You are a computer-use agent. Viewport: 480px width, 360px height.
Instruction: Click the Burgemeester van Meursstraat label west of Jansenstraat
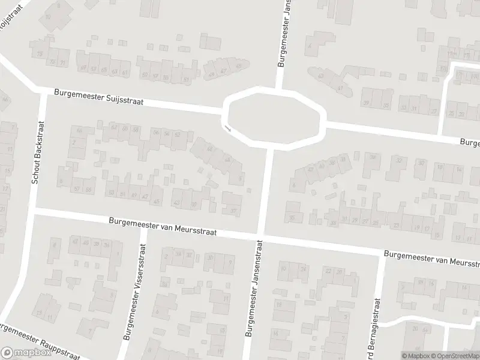[x=162, y=227]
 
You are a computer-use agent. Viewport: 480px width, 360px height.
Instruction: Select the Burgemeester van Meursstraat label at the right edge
[x=432, y=258]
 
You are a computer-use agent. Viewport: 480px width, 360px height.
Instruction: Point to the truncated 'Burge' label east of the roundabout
[x=470, y=143]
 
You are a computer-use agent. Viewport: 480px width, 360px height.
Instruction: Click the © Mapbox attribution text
[x=415, y=356]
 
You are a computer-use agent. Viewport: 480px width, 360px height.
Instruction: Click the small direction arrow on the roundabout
[x=227, y=128]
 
